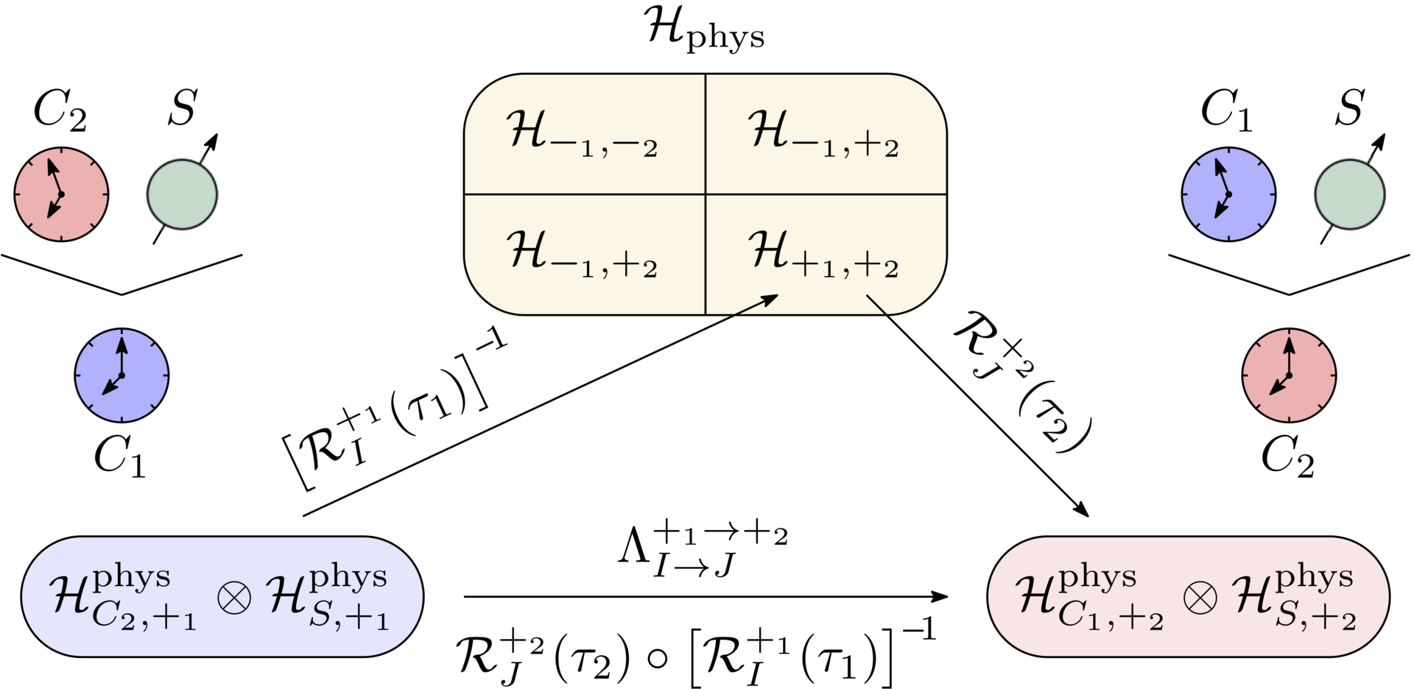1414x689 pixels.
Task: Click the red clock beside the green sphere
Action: [x=62, y=194]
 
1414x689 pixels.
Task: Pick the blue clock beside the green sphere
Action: [x=1228, y=194]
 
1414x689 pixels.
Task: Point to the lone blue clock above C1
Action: [x=122, y=375]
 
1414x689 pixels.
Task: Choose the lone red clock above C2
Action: [x=1289, y=375]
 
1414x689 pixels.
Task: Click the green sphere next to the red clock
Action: [x=182, y=194]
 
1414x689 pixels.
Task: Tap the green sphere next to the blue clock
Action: [x=1349, y=194]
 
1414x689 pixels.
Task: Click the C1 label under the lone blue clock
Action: [x=120, y=457]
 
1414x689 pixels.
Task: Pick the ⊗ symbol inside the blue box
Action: [x=234, y=597]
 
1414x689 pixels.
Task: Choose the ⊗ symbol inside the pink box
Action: [x=1200, y=597]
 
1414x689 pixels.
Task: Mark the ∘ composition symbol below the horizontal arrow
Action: [x=658, y=657]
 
